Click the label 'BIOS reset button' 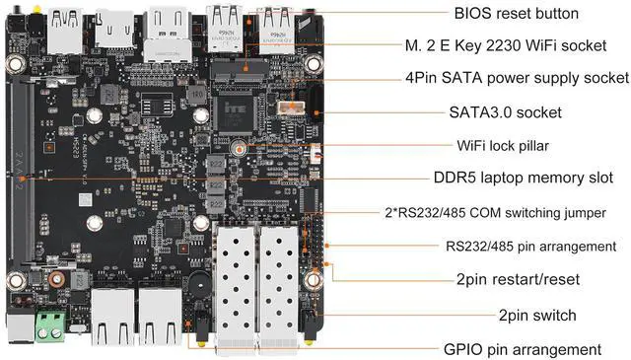tap(516, 14)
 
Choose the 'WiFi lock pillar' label tap(503, 145)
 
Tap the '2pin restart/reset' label tap(512, 279)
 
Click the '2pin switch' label tap(537, 315)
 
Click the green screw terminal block tap(51, 324)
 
